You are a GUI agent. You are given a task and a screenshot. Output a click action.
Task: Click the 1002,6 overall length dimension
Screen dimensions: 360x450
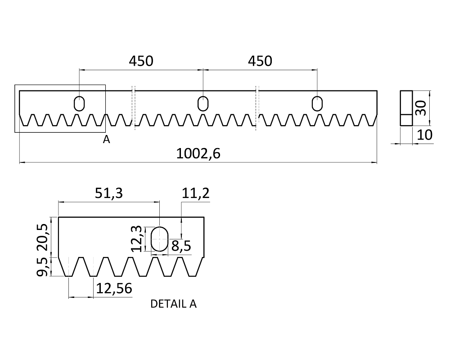(198, 154)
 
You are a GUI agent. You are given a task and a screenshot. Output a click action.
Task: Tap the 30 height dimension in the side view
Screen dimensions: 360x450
(420, 108)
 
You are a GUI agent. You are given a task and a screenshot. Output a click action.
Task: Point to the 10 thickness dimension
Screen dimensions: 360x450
(424, 135)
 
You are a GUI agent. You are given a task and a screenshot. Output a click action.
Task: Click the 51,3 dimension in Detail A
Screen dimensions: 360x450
(109, 193)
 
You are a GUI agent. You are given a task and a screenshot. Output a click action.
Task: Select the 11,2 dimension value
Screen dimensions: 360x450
(196, 193)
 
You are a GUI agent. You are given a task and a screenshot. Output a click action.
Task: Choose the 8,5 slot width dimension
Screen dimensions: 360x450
(181, 246)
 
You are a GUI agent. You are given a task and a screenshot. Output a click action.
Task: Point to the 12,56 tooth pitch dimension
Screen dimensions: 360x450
(114, 288)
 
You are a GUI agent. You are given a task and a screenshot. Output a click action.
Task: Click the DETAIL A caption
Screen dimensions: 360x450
(173, 304)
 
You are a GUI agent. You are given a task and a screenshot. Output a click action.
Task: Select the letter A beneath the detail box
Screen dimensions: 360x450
(106, 139)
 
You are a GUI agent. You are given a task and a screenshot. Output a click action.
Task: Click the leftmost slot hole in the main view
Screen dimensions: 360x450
(79, 103)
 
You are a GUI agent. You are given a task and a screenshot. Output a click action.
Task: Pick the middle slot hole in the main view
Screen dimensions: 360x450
(203, 103)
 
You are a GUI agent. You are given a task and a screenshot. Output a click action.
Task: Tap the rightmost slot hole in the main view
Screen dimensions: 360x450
(317, 103)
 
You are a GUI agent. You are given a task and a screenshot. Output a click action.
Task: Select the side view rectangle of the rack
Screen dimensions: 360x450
(406, 108)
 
